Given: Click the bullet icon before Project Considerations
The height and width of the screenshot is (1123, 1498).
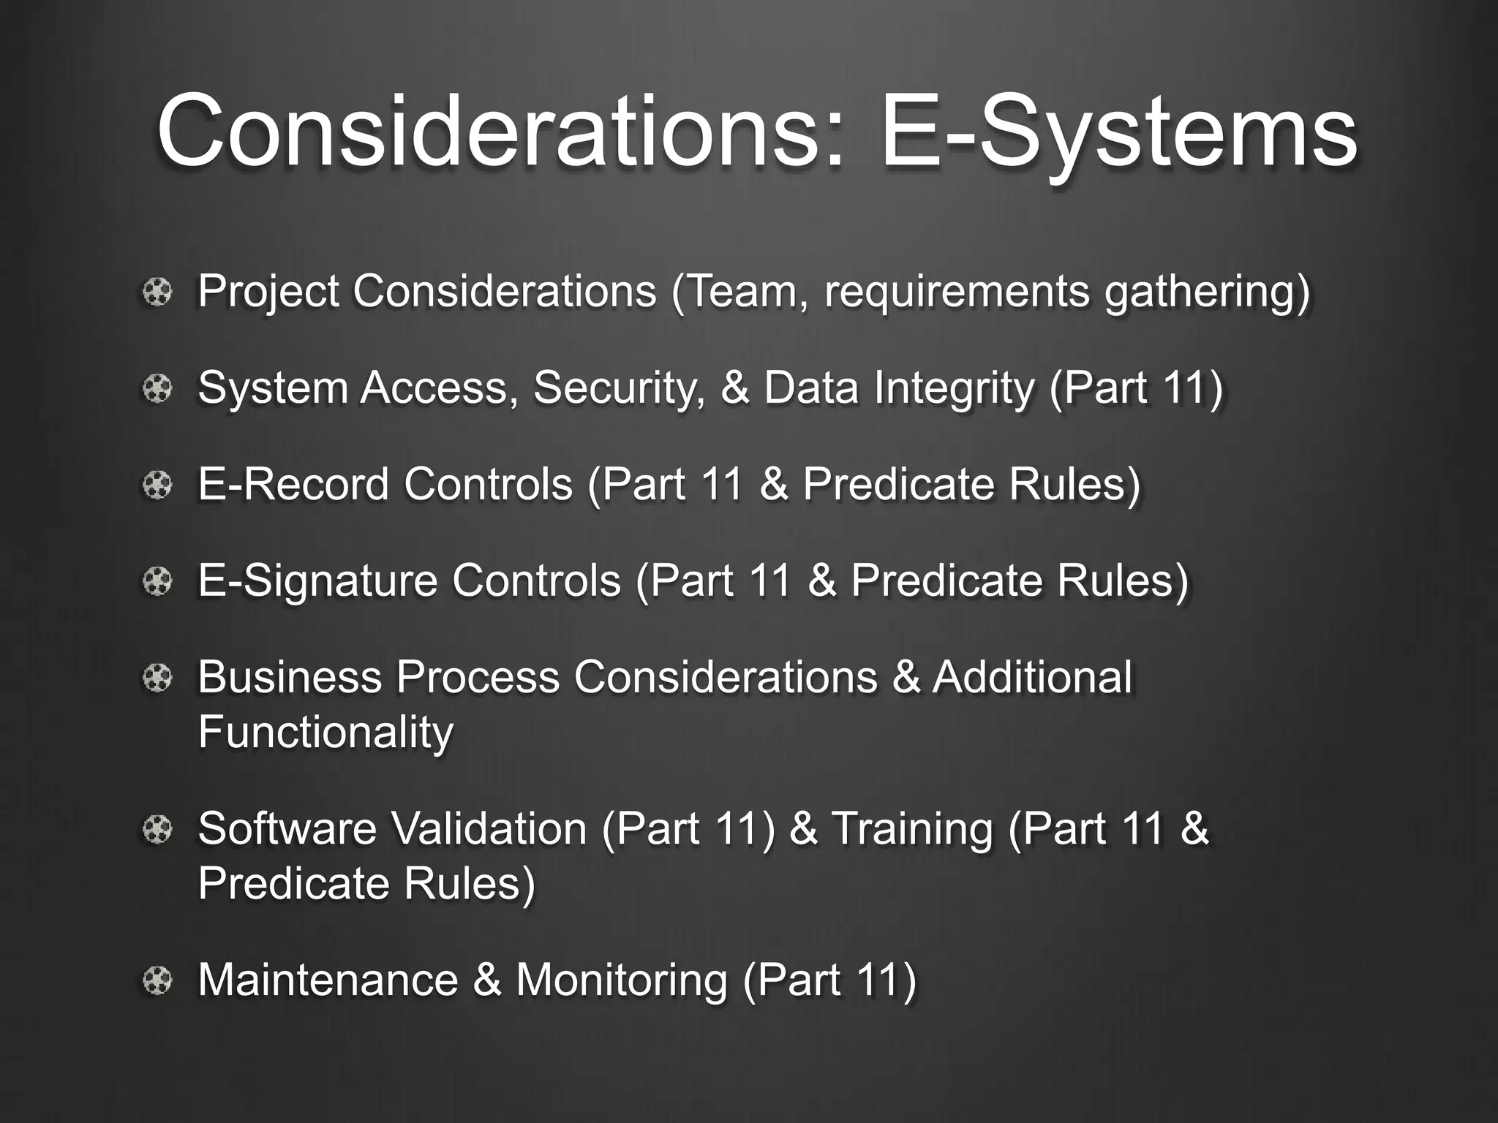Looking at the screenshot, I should coord(157,293).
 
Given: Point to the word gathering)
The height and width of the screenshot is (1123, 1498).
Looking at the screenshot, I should coord(1207,292).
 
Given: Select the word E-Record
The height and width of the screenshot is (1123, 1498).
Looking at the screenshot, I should coord(293,484).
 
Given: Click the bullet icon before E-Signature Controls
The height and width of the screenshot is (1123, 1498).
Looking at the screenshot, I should coord(157,582).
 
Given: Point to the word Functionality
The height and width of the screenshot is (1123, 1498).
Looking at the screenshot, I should coord(325,732).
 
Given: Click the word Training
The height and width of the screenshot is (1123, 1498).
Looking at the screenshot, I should coord(912,830).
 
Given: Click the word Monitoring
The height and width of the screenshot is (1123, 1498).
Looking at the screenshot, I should coord(622,980).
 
